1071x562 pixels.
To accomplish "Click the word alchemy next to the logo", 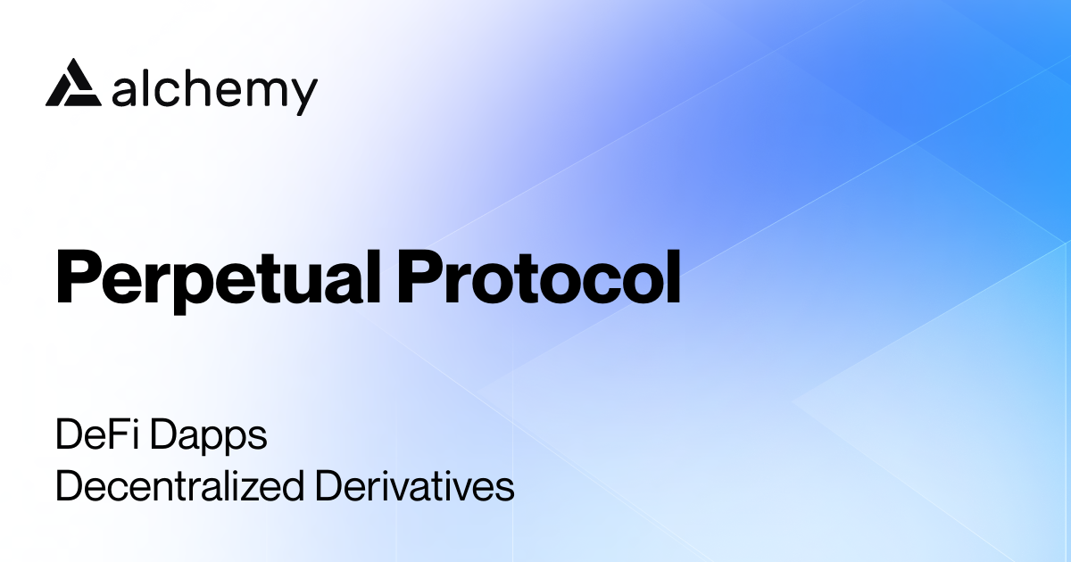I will [x=215, y=89].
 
